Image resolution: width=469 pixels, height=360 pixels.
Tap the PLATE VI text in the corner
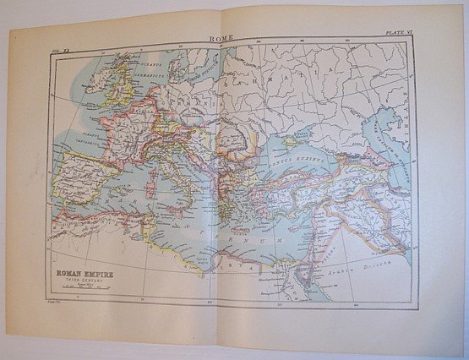[399, 31]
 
